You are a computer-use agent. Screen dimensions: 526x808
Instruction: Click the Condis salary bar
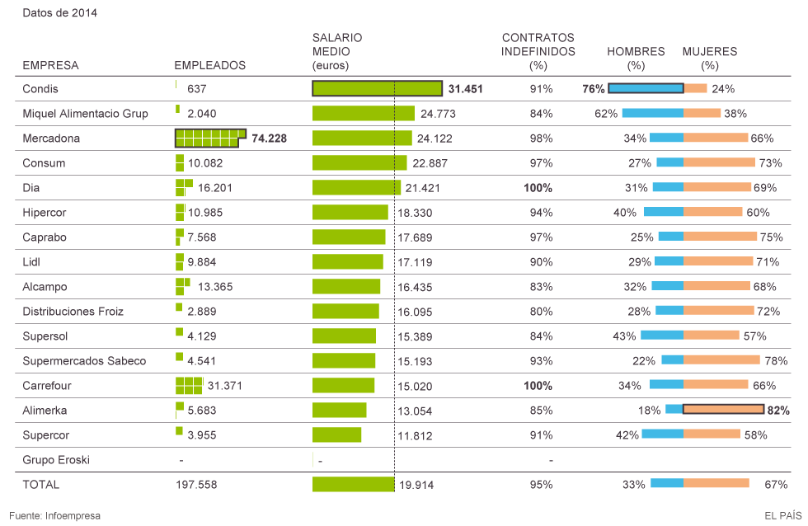coord(377,88)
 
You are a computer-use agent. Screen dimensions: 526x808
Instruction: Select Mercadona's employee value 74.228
coord(269,139)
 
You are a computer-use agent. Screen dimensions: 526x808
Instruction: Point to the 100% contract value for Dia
coord(538,188)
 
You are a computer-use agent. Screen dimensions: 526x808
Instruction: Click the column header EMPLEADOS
coord(209,65)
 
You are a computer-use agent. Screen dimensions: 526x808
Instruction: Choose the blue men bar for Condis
coord(646,88)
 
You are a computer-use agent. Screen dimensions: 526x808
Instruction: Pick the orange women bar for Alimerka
coord(724,410)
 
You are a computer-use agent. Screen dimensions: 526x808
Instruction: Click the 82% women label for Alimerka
coord(778,410)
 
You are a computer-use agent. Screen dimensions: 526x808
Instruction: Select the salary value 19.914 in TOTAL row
coord(417,485)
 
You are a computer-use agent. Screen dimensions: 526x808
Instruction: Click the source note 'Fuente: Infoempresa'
coord(54,515)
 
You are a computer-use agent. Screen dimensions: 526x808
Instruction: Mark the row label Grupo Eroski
coord(56,459)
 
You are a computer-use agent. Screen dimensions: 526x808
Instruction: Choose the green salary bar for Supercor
coord(336,434)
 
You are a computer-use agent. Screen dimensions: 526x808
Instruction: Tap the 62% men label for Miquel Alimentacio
coord(606,114)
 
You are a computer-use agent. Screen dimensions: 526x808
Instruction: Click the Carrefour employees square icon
coord(189,385)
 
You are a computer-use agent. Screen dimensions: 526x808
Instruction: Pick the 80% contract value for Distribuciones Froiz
coord(540,312)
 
